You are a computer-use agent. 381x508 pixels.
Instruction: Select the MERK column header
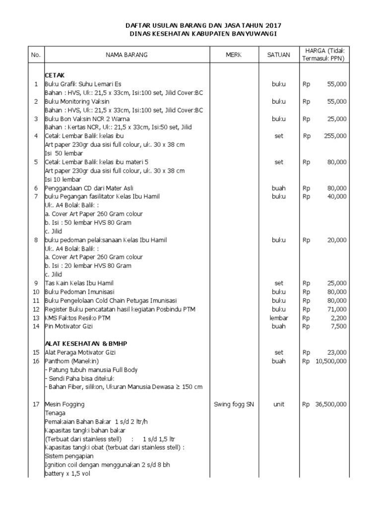click(233, 55)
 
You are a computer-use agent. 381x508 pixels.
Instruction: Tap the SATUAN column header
click(278, 55)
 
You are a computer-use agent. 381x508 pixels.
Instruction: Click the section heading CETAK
click(55, 74)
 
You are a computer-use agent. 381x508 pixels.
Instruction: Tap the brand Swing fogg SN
click(233, 404)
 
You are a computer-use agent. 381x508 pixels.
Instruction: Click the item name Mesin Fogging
click(64, 404)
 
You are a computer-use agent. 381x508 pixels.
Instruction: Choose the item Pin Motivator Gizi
click(68, 326)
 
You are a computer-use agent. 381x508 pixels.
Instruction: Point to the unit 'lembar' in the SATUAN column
click(278, 318)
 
